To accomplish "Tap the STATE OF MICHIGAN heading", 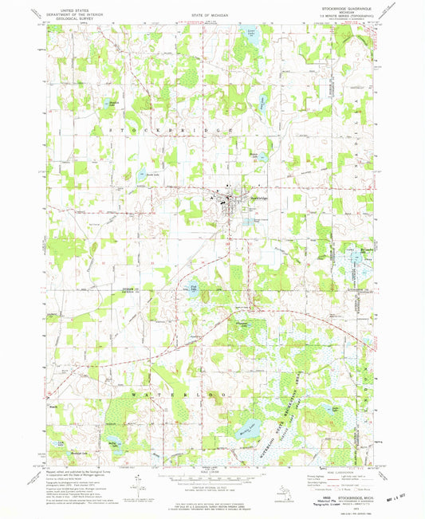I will [x=212, y=15].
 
